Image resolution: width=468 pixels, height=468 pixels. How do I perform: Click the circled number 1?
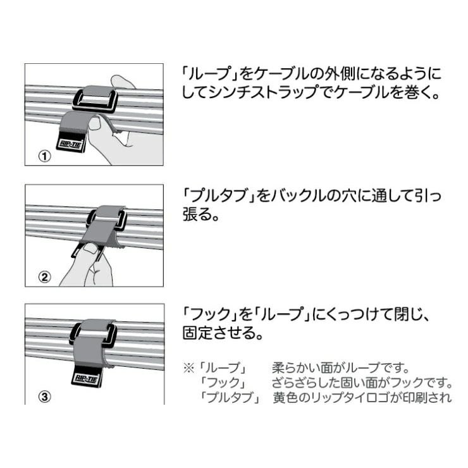pyautogui.click(x=45, y=156)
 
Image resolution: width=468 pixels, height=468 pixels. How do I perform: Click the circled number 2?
pyautogui.click(x=45, y=277)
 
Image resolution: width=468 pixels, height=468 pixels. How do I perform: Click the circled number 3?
pyautogui.click(x=45, y=397)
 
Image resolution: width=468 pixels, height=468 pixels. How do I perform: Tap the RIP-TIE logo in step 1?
pyautogui.click(x=70, y=144)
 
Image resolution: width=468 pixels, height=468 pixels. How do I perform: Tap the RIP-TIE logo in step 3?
pyautogui.click(x=86, y=379)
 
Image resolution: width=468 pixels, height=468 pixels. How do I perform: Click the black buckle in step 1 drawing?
pyautogui.click(x=94, y=101)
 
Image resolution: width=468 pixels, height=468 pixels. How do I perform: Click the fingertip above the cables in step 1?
pyautogui.click(x=120, y=82)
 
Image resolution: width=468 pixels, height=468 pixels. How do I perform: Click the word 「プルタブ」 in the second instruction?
pyautogui.click(x=219, y=195)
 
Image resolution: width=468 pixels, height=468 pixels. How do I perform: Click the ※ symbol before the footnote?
pyautogui.click(x=189, y=367)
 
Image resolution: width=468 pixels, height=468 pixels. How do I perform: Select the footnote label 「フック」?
pyautogui.click(x=223, y=383)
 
